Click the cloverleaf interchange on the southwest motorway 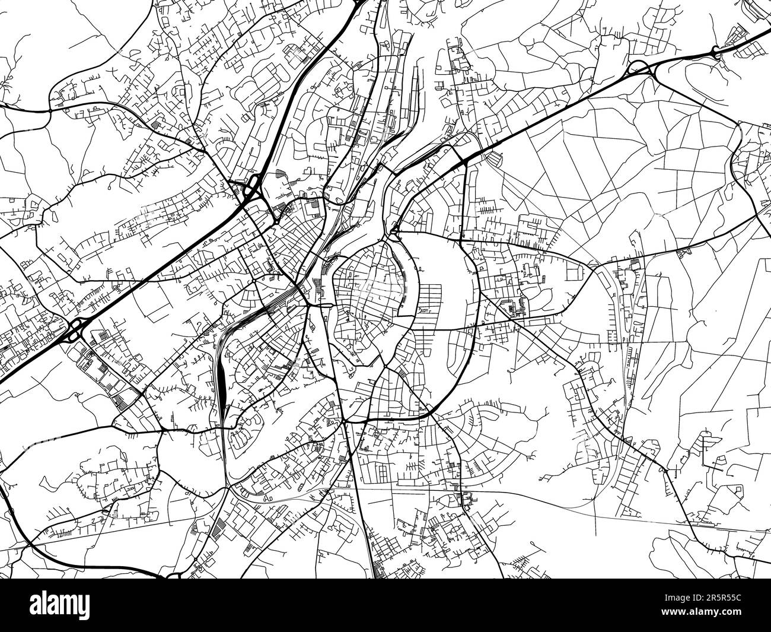[x=74, y=330]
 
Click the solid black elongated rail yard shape [x=220, y=383]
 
